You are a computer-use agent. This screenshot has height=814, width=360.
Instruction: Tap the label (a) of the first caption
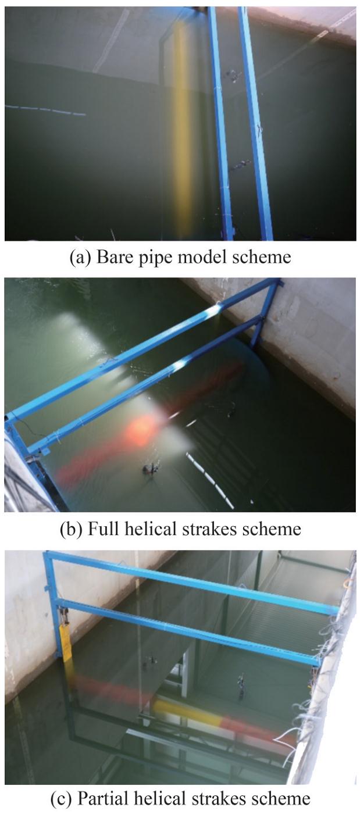click(x=80, y=257)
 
